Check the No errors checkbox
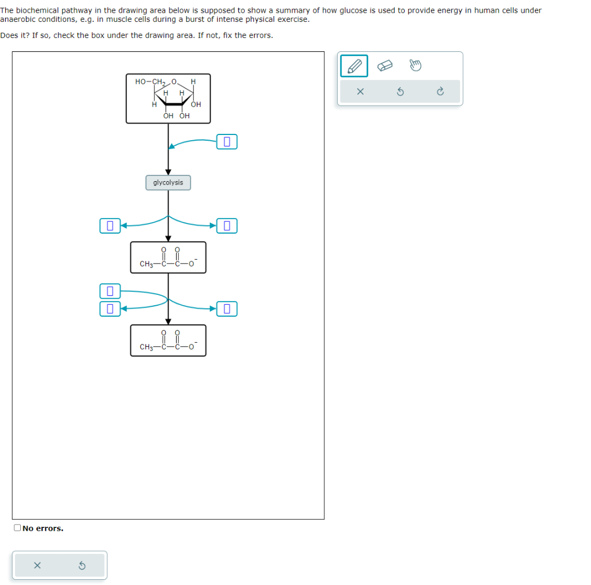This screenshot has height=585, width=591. [x=18, y=528]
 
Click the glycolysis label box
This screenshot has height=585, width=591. [x=168, y=183]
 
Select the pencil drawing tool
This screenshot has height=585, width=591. [x=354, y=66]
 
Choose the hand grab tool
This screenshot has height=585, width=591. [x=415, y=66]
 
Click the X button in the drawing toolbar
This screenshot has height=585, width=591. [x=360, y=92]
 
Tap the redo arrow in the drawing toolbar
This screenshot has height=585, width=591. [x=440, y=92]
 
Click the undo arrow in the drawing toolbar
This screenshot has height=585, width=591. [x=400, y=92]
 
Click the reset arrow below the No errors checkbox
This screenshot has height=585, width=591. [x=82, y=565]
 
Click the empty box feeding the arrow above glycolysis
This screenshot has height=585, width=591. [x=227, y=141]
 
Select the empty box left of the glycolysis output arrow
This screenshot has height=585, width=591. [x=110, y=225]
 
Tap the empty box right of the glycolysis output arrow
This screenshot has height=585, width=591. [x=227, y=225]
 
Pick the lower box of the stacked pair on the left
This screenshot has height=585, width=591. [x=110, y=309]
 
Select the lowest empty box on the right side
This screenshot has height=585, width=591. [x=227, y=309]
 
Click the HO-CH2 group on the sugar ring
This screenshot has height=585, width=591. [x=148, y=82]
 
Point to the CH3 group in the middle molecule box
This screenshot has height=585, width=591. [x=146, y=264]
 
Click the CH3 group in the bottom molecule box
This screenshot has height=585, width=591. [x=146, y=347]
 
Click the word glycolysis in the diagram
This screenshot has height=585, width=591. [x=168, y=183]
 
